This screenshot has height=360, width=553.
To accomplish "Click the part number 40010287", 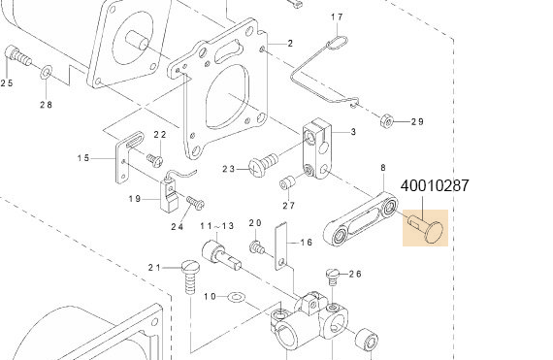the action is pos(435,185).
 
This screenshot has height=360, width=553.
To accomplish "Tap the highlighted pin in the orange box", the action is pos(425,228).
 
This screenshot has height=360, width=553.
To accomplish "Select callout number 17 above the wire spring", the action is pos(337,16).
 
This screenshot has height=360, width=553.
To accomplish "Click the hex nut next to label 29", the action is pos(387,121).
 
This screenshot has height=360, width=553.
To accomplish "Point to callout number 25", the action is pos(7,82).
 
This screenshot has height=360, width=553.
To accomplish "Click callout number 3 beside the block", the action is pos(353,132).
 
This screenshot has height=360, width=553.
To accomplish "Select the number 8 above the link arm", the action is pos(383,168).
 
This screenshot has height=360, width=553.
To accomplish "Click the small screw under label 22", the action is pos(155,160).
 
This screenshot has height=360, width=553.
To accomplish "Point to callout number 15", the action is pos(83,157).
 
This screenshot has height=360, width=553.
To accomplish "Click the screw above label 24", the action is pos(196,202).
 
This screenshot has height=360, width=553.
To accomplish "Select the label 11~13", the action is pos(217,225).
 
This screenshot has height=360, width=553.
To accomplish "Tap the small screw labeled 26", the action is pos(332,277).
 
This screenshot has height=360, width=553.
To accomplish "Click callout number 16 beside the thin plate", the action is pos(307,243).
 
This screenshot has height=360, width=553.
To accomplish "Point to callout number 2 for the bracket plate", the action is pos(290,44).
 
